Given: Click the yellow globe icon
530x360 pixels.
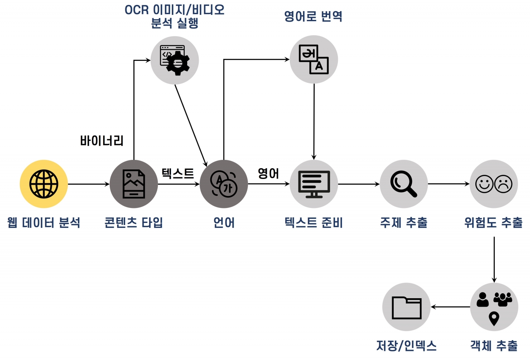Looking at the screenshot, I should point(43,184).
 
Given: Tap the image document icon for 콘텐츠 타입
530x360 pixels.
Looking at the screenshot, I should point(134,184).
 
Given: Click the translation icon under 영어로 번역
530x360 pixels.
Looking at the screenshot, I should point(313,59).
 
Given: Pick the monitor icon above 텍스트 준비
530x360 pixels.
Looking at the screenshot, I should point(314,184).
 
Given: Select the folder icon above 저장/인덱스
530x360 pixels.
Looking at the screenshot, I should point(406,307).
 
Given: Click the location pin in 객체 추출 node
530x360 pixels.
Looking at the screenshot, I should point(494,318).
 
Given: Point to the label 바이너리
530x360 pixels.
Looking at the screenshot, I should point(102,141).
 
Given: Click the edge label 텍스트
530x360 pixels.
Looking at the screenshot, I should point(178,173).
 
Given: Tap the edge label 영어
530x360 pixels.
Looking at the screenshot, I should point(268,173).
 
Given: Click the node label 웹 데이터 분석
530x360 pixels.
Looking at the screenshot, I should point(43,223).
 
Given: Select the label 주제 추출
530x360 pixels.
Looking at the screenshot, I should point(404,223).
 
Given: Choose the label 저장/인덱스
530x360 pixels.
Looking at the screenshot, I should point(406,345).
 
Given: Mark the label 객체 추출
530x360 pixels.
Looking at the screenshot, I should point(494,345).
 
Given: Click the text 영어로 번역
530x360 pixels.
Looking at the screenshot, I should point(313,17).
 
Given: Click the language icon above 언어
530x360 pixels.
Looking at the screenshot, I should point(224,184).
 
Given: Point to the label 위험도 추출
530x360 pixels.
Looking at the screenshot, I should point(494,223).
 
